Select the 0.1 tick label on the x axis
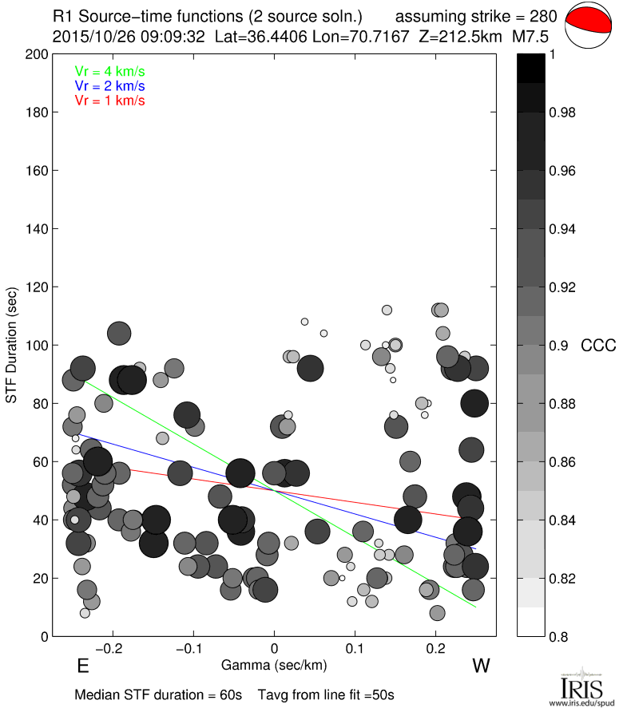coord(355,648)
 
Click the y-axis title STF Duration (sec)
coord(12,345)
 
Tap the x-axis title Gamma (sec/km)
coord(275,664)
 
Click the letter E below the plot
coord(82,666)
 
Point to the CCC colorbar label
coord(598,346)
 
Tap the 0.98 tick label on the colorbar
coord(565,113)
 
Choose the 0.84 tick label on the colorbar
coord(565,520)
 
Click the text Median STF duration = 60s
coord(158,694)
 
